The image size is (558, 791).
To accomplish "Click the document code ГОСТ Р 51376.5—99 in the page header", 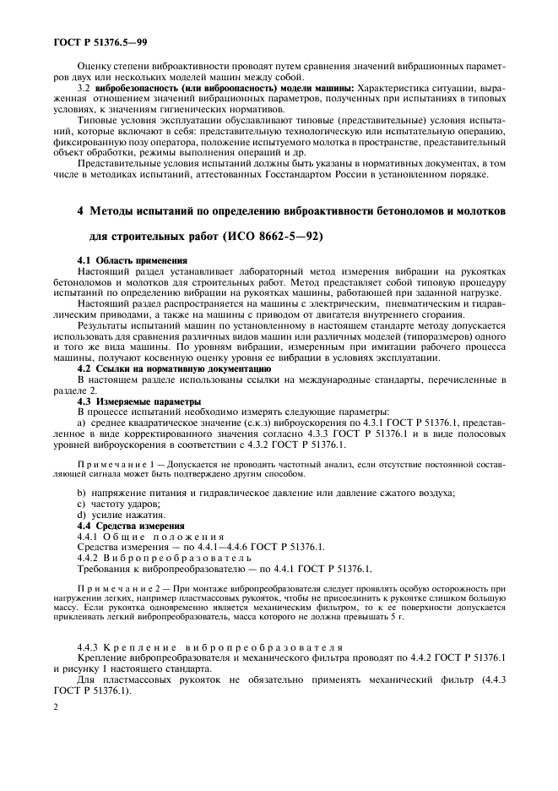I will (x=95, y=40).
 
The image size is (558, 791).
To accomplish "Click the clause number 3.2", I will (x=84, y=89).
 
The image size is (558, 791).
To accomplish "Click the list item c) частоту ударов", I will (x=116, y=504).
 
